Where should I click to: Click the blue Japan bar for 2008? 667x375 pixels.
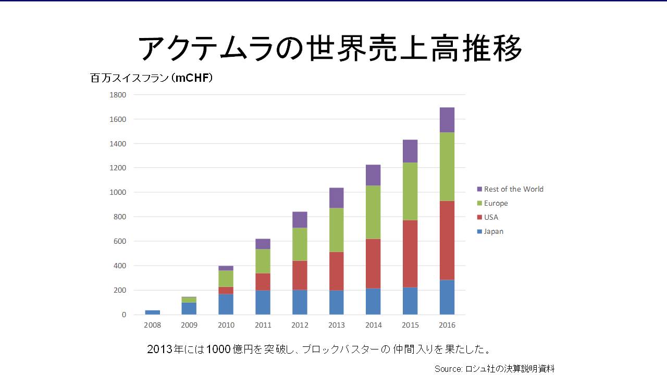152,312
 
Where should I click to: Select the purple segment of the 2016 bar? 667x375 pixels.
447,120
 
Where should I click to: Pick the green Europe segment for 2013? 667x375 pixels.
336,230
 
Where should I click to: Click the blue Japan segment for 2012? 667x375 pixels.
300,302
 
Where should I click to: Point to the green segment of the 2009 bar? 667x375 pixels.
189,299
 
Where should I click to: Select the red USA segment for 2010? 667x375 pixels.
226,290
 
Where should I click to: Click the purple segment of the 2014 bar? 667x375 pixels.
373,175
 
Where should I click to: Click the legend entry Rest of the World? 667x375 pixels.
513,189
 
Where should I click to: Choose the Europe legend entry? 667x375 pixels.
496,203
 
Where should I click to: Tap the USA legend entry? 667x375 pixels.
491,217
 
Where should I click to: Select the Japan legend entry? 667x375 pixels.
493,231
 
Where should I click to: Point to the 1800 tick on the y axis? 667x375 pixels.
118,95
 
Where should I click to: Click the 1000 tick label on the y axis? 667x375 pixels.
118,192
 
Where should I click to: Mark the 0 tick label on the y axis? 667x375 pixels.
123,315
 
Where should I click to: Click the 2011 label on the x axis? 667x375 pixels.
263,325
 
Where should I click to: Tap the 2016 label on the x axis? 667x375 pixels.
447,325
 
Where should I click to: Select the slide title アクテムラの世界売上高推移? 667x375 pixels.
330,49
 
